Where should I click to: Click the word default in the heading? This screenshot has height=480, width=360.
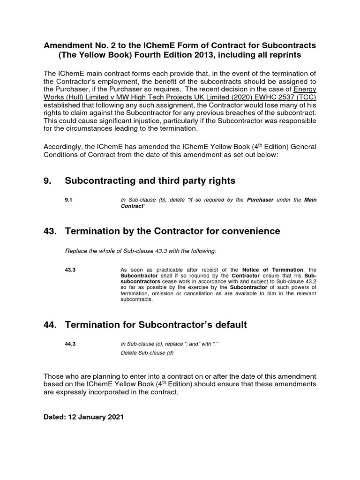tap(227, 325)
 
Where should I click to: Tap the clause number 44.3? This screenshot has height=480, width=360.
tap(71, 345)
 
